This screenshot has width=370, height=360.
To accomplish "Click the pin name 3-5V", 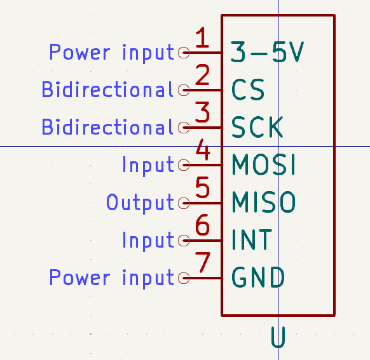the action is (267, 52).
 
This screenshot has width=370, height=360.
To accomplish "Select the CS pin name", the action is (248, 90).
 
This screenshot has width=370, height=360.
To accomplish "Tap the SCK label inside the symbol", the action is (257, 127).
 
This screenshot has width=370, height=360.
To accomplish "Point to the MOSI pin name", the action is (264, 164).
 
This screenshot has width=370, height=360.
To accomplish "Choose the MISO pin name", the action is (264, 202).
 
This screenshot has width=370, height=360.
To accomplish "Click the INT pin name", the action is (252, 240).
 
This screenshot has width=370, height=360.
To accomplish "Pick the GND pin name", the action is (258, 277).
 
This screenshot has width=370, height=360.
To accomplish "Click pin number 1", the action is (202, 37).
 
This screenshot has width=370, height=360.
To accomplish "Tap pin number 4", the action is (203, 150).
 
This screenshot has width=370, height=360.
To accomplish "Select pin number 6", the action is (202, 225).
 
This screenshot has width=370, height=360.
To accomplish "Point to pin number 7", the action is (203, 262).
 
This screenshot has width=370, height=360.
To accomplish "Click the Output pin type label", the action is (140, 203).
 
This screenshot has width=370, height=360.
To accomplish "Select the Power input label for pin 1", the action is (112, 53).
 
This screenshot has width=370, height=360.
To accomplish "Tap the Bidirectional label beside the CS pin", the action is (108, 90).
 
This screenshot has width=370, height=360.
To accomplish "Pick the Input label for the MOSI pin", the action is (148, 166).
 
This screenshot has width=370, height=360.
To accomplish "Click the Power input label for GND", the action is (112, 279).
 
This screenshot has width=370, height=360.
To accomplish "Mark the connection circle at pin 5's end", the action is (184, 203).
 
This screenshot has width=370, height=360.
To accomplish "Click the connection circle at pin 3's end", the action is (184, 128).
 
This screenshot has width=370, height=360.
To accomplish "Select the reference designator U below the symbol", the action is (278, 337).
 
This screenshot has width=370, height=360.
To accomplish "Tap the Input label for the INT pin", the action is (148, 241).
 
